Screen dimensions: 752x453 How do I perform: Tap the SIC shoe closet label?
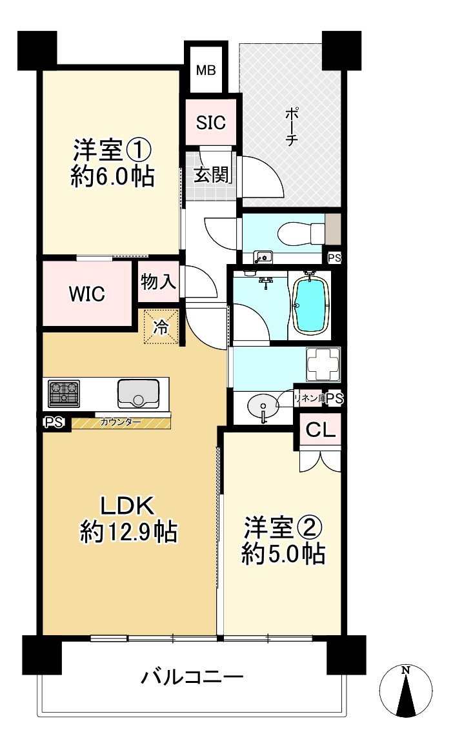coord(211,123)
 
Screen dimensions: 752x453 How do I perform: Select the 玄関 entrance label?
coord(210,175)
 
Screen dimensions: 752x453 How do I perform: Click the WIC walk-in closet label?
coord(87,294)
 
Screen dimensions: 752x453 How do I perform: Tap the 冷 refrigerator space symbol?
coord(159,327)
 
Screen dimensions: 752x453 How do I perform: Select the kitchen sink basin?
coord(138,392)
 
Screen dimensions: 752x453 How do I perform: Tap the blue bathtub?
coord(311,305)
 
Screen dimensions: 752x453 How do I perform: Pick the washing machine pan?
coord(322,366)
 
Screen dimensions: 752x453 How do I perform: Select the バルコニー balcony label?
coord(192,678)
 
